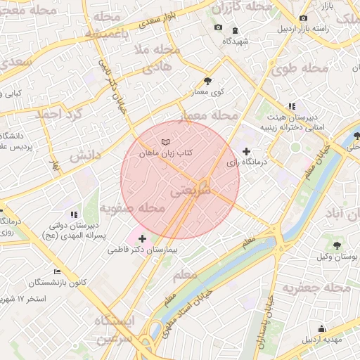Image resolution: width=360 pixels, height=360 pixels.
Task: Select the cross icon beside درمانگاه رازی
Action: point(245,151)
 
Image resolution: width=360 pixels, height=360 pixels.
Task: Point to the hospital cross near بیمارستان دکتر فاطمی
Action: point(142,238)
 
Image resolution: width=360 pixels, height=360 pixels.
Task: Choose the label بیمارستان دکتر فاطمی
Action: point(146,250)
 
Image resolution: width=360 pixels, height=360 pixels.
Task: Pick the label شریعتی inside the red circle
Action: point(190,190)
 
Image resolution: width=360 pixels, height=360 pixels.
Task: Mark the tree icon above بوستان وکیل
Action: point(337,245)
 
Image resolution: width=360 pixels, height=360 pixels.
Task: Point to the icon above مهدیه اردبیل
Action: point(322,328)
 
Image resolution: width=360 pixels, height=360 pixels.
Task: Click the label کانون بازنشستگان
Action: point(58,283)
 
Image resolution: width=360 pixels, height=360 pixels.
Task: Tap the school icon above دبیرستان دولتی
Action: point(73,214)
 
